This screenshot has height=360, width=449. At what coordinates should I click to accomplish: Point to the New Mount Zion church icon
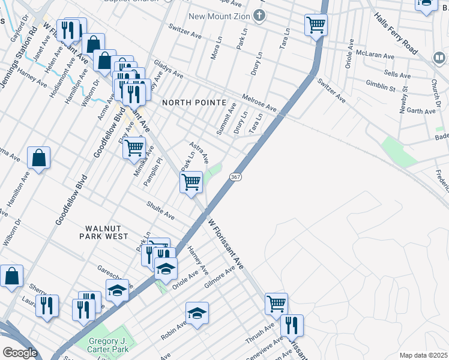coord(259,16)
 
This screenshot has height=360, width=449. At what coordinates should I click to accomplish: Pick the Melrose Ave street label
coord(259,102)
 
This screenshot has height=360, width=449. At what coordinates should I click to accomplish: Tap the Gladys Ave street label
coord(169,69)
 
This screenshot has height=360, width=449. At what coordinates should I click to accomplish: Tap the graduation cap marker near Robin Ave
coord(196,312)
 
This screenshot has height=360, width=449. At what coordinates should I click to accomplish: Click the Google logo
coord(20,353)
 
